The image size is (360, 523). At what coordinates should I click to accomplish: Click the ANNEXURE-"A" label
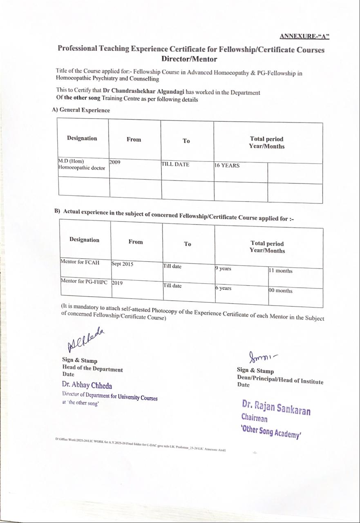coord(304,36)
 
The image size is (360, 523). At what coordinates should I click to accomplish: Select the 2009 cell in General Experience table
coord(115,162)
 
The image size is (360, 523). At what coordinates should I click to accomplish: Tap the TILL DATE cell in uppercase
coord(175,164)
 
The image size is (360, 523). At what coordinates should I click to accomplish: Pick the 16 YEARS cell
coord(227,165)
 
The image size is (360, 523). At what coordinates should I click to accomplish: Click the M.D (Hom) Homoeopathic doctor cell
coord(81,164)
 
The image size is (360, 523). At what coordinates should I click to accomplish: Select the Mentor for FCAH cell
coord(80,262)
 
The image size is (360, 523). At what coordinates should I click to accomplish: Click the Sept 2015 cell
coord(122,264)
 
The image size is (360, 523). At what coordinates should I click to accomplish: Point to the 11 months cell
coord(280,270)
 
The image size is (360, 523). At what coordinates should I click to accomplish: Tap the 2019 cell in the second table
coord(117,283)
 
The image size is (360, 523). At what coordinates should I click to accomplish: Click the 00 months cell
coord(280,291)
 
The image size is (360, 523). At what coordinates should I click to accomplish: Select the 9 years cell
coord(223,268)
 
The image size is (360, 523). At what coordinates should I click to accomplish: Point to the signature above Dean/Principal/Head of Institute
coord(262,357)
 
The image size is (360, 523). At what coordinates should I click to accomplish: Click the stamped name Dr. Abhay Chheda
coord(87,385)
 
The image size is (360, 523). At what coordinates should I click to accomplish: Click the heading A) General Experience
coord(81,110)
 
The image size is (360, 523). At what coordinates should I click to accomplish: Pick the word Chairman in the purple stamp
coord(254,418)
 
